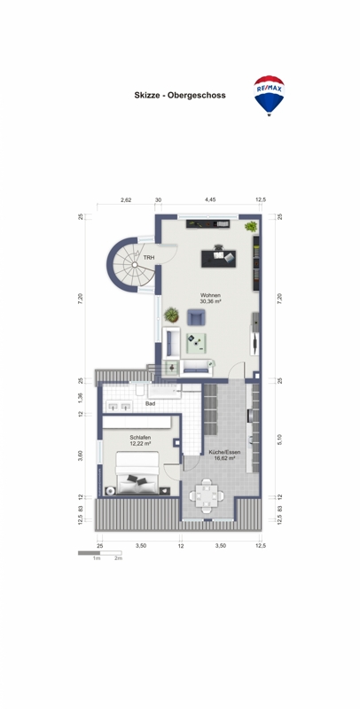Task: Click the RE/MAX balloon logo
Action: pyautogui.click(x=269, y=96)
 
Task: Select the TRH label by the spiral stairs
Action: pyautogui.click(x=148, y=257)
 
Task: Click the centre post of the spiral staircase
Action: pyautogui.click(x=134, y=265)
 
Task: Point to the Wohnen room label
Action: pyautogui.click(x=210, y=295)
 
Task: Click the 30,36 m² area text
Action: pyautogui.click(x=210, y=301)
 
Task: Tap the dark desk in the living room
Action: pyautogui.click(x=219, y=258)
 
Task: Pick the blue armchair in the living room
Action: pyautogui.click(x=196, y=317)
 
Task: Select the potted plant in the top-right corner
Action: pyautogui.click(x=251, y=227)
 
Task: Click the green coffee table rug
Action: pyautogui.click(x=196, y=344)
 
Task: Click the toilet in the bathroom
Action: pyautogui.click(x=140, y=390)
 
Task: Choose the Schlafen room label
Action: pyautogui.click(x=140, y=438)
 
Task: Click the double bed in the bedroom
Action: pyautogui.click(x=137, y=472)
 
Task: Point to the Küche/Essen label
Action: pyautogui.click(x=224, y=452)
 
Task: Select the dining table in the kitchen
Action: pyautogui.click(x=207, y=495)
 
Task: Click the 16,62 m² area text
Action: pyautogui.click(x=224, y=458)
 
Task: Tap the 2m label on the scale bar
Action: pyautogui.click(x=119, y=559)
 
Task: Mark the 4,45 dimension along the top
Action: pyautogui.click(x=210, y=199)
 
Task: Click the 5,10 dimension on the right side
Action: pyautogui.click(x=279, y=439)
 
